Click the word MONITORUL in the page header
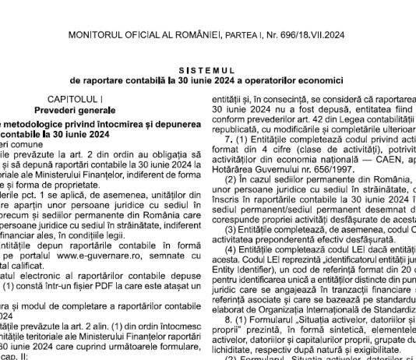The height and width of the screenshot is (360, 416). tap(96, 35)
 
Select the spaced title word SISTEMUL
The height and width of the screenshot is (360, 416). tap(206, 69)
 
